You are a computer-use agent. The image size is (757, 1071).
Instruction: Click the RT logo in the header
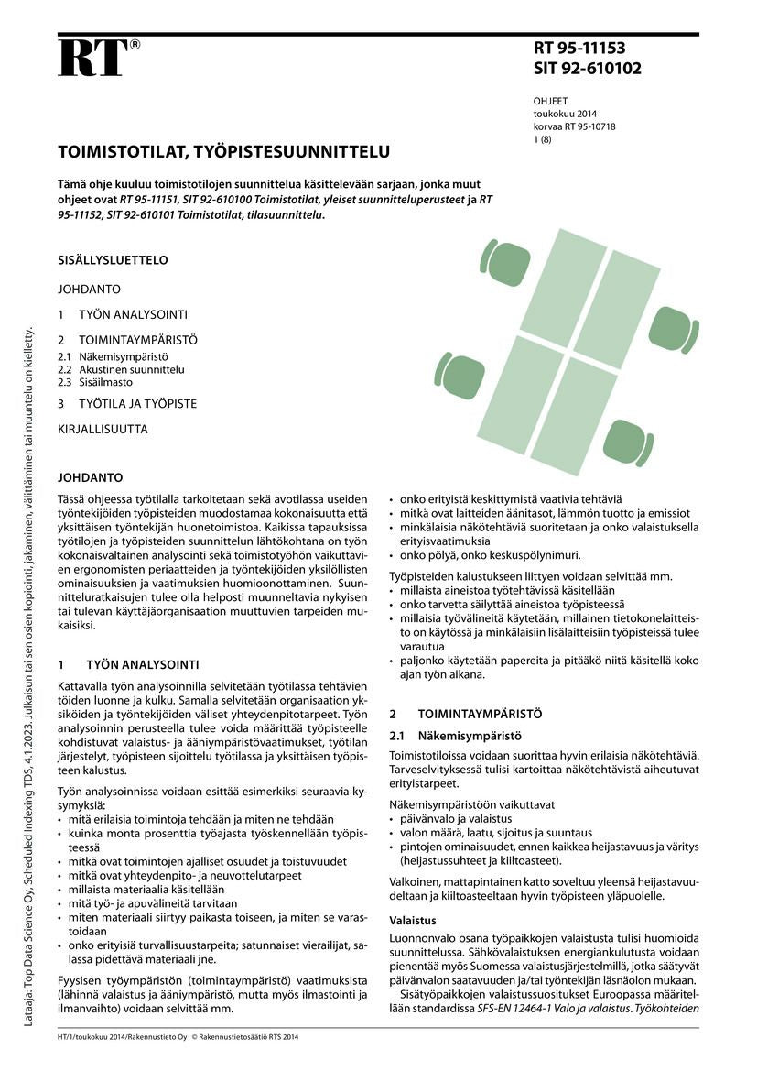coord(92,58)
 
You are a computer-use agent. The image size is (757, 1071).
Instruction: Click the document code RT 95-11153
coord(580,49)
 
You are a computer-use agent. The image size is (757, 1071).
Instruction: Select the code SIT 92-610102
coord(588,69)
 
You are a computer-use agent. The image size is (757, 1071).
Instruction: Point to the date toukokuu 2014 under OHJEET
coord(565,115)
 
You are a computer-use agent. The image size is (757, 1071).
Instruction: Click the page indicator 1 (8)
coord(543,140)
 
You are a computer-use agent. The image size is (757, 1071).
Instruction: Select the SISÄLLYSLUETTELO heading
coord(113,260)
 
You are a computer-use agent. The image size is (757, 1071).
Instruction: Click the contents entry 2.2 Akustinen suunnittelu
coord(121,369)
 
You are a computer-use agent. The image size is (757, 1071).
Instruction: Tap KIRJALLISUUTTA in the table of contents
coord(103,429)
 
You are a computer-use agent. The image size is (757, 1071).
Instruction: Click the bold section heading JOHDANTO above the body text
coord(90,478)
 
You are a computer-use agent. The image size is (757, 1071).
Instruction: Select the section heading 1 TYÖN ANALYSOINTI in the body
coord(134,664)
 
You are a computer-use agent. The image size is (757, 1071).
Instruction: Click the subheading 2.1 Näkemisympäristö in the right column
coord(456,735)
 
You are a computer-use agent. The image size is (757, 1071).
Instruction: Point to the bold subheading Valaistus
coord(414,920)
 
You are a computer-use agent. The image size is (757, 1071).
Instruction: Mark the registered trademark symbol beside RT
coord(135,44)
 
